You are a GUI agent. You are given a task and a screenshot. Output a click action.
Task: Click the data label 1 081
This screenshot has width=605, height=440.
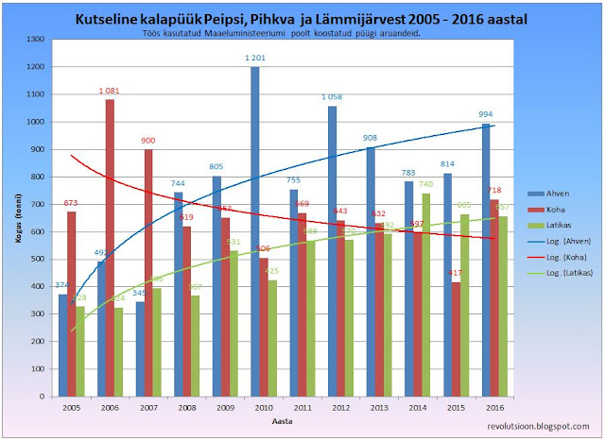pos(111,91)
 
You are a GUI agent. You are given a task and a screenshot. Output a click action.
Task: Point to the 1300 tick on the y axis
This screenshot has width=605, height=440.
pos(37,40)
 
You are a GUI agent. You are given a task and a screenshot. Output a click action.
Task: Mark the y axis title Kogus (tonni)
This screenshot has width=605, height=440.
pos(18,219)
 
